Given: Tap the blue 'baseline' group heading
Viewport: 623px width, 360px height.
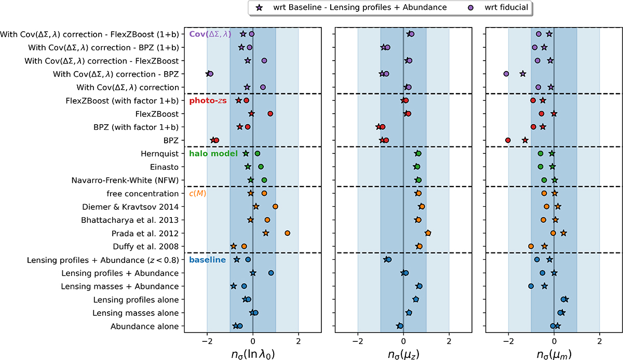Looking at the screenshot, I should (208, 260).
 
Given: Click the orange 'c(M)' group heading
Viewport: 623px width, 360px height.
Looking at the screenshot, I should (198, 194).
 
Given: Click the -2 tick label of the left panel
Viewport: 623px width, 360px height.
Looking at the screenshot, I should (207, 341).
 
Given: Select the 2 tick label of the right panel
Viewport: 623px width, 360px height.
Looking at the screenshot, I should (600, 341).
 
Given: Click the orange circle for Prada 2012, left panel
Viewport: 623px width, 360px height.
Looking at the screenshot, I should (287, 233).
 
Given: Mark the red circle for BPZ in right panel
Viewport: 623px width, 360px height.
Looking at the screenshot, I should (508, 140).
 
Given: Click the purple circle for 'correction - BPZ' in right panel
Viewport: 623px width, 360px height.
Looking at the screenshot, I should (506, 74).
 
